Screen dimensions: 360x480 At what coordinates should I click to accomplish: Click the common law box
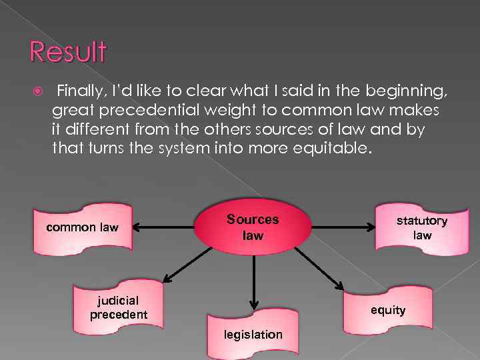pos(82,227)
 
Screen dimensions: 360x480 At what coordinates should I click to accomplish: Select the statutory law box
pos(421,227)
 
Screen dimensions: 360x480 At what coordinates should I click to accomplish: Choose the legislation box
pos(253,333)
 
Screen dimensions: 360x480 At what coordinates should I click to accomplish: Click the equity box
pos(388,309)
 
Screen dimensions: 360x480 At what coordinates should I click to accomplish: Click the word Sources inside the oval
pos(253,219)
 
